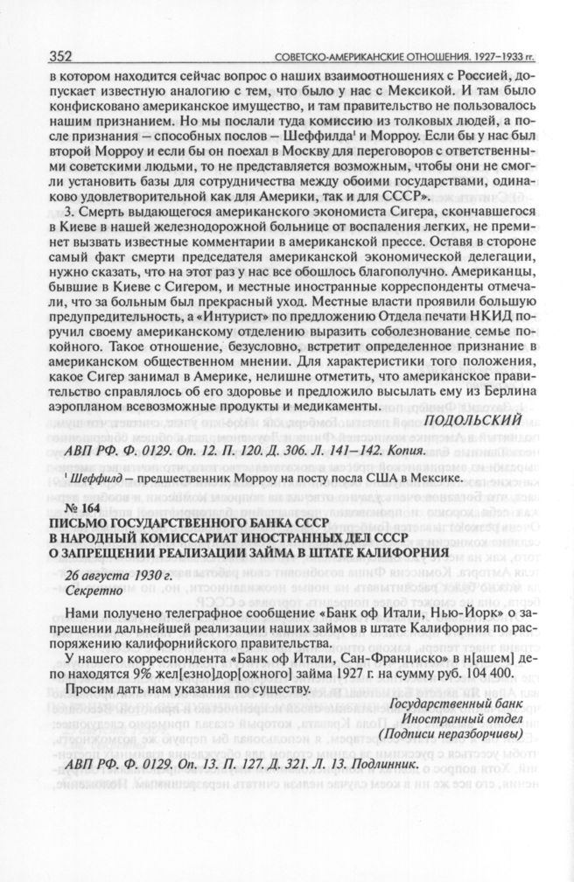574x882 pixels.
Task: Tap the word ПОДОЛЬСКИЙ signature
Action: [472, 420]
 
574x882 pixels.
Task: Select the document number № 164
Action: [84, 508]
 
